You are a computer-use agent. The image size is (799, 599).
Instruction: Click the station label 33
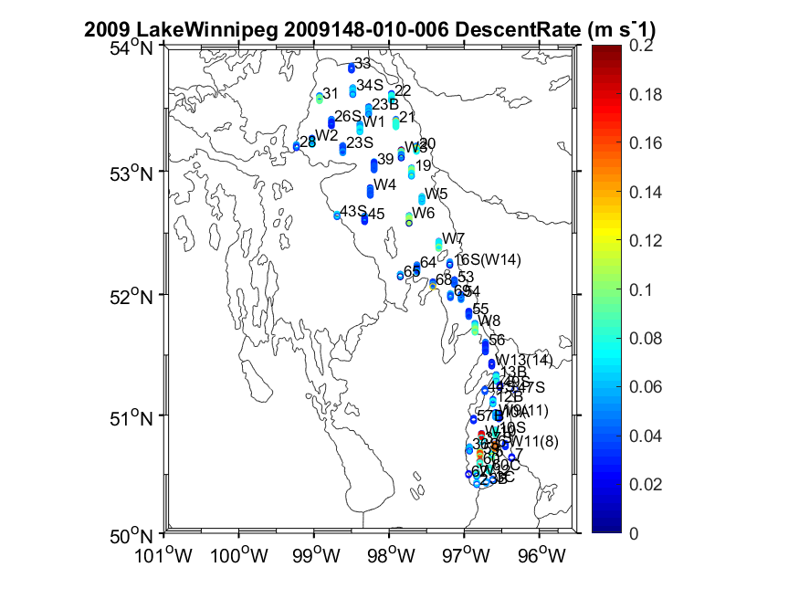click(x=363, y=63)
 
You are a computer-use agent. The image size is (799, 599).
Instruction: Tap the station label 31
click(x=331, y=93)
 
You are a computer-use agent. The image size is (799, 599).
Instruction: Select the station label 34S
click(x=371, y=85)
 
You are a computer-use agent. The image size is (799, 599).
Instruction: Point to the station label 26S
click(x=348, y=116)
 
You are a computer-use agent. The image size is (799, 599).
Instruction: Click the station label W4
click(x=384, y=184)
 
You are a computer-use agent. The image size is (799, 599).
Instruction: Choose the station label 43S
click(x=353, y=212)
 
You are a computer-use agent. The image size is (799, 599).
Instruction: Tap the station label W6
click(x=424, y=213)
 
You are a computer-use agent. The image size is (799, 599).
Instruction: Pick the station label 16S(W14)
click(x=488, y=260)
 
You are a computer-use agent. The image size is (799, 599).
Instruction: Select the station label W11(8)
click(x=533, y=441)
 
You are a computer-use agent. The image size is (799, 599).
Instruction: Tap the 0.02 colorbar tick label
click(x=649, y=483)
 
